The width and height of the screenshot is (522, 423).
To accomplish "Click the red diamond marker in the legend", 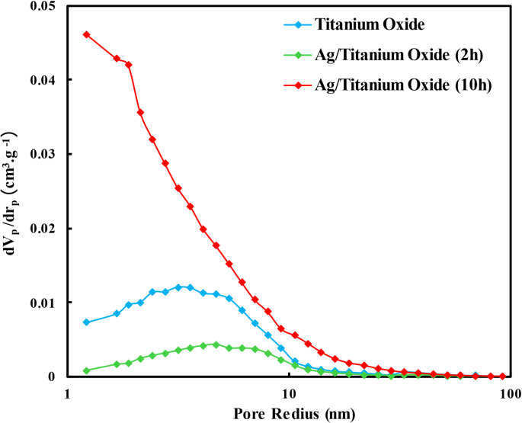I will pyautogui.click(x=296, y=84).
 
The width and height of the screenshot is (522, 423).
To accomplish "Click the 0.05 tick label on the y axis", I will pyautogui.click(x=37, y=6).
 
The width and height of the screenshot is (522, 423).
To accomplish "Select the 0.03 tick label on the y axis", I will pyautogui.click(x=37, y=154).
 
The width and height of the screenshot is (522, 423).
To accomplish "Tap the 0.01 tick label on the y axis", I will pyautogui.click(x=37, y=303).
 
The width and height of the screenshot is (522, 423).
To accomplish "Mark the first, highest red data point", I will pyautogui.click(x=86, y=34).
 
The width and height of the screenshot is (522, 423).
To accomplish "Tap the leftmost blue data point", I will pyautogui.click(x=86, y=322).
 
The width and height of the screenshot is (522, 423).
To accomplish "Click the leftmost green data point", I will pyautogui.click(x=86, y=370).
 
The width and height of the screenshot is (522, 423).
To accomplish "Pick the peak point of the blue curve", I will pyautogui.click(x=178, y=287).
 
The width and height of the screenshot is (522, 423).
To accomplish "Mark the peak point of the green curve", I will pyautogui.click(x=216, y=344).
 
